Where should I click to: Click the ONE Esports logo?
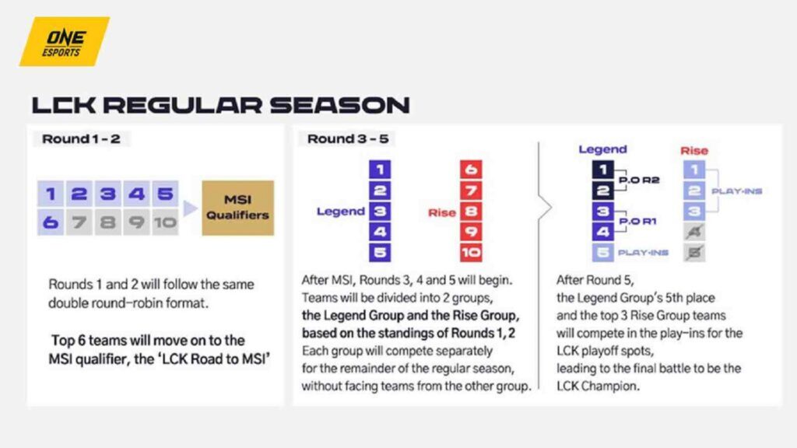click(x=65, y=42)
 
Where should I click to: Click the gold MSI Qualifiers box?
click(x=238, y=208)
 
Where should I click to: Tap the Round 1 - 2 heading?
click(x=81, y=138)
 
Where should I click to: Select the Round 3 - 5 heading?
click(x=348, y=138)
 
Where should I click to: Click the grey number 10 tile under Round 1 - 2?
click(x=165, y=222)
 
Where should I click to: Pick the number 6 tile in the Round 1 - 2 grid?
click(x=51, y=222)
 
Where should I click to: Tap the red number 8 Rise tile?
click(x=471, y=212)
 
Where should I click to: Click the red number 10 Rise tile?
click(x=471, y=253)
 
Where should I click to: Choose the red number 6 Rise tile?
click(x=471, y=169)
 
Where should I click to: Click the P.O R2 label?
click(x=639, y=180)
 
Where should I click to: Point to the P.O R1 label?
click(x=637, y=222)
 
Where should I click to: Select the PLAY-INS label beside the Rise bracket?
click(x=736, y=191)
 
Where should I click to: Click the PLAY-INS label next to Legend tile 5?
click(x=643, y=253)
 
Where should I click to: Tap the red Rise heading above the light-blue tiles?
click(x=694, y=150)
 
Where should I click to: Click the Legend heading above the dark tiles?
click(x=603, y=149)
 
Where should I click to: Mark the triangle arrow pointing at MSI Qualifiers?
click(x=190, y=208)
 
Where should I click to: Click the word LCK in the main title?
click(x=64, y=105)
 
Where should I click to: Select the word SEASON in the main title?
click(x=339, y=105)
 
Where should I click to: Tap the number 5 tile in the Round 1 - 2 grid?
click(x=165, y=194)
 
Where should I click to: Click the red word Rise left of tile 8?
click(x=442, y=213)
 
